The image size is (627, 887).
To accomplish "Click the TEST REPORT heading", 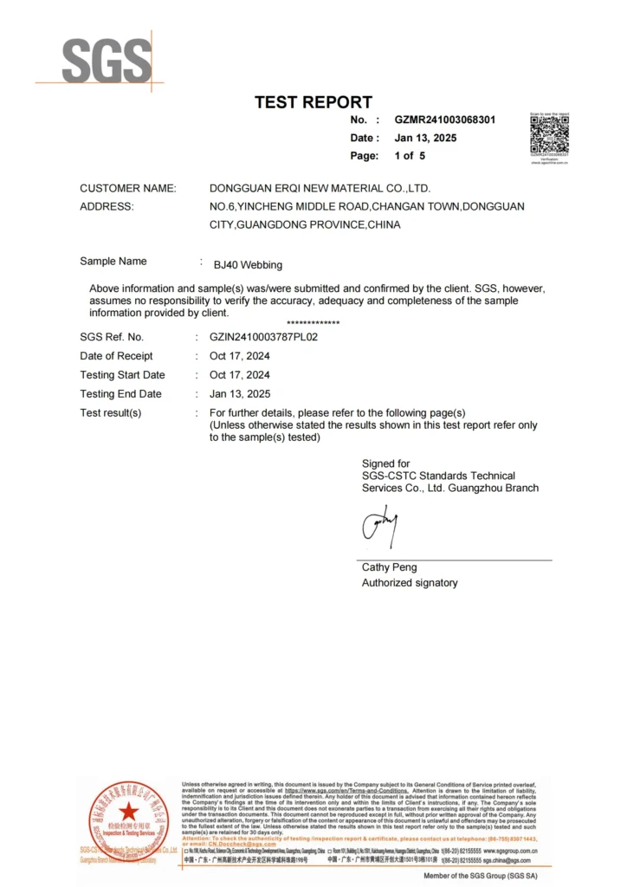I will point(313,102).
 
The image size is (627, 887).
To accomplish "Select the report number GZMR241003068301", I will point(445,120).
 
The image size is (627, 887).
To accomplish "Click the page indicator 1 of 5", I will point(410,156).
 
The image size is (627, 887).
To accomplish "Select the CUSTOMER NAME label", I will point(127,188).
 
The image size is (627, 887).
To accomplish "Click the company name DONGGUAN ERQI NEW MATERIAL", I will point(320,188).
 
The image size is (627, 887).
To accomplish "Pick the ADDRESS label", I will point(107,206).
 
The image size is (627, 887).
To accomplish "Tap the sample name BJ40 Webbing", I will point(254,265).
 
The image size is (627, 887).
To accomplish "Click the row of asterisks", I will point(313,323).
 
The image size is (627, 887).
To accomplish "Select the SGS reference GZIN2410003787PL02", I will point(263,337).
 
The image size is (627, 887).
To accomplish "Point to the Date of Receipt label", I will point(116,356).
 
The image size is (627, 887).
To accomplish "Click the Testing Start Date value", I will point(239,375).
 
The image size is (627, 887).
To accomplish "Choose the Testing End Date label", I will point(120,394).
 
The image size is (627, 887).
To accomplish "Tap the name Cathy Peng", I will point(389,567).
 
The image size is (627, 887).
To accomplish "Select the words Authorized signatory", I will point(410,583).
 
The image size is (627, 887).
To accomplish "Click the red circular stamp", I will point(128,818).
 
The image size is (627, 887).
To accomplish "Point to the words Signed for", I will point(385,463).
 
